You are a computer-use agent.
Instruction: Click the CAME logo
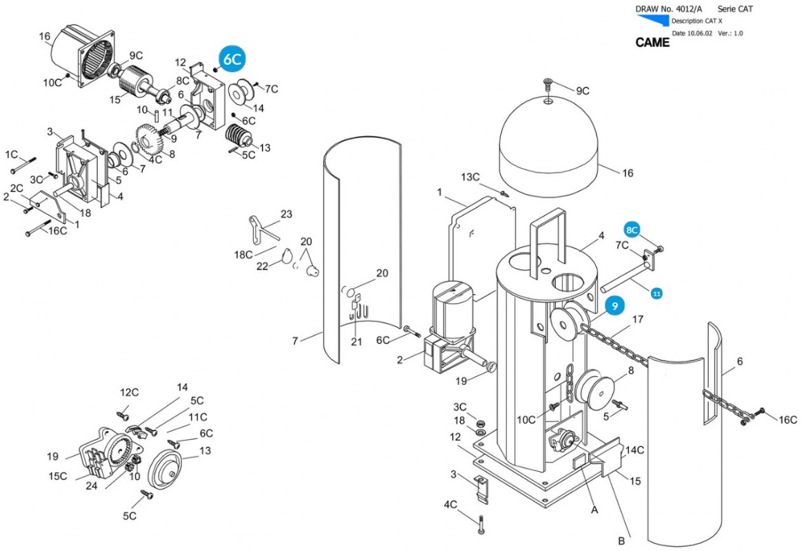point(652,43)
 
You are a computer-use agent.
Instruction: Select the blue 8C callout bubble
point(633,229)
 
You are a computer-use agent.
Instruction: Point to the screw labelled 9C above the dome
point(548,85)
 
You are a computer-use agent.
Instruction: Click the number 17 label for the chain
point(637,320)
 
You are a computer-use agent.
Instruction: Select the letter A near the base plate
point(594,510)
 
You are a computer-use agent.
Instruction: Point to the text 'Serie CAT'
point(736,9)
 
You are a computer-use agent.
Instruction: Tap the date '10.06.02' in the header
point(701,33)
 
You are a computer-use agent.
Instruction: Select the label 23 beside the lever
point(286,214)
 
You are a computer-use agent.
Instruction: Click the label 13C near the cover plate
point(470,177)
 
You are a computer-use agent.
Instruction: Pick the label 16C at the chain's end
point(788,419)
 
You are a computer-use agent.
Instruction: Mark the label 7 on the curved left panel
point(294,340)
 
